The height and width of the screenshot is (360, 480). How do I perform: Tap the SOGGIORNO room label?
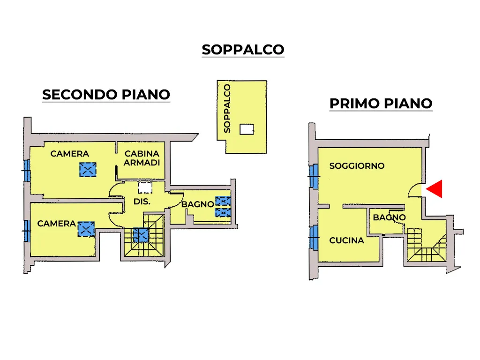click(x=357, y=166)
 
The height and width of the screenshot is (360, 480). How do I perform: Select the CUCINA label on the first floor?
click(x=346, y=240)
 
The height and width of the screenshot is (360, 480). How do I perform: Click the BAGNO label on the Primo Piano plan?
click(x=389, y=217)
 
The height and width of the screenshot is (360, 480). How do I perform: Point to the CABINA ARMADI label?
click(x=142, y=158)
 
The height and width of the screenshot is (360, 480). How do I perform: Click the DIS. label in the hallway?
click(x=142, y=202)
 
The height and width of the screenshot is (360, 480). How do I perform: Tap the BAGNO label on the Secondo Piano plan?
click(x=197, y=204)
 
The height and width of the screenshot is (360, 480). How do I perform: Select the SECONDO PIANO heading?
click(x=106, y=95)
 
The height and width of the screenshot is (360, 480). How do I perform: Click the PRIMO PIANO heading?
click(x=381, y=104)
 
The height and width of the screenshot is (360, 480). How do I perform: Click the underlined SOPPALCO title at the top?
click(x=243, y=50)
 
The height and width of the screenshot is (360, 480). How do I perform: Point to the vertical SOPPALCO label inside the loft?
click(x=227, y=109)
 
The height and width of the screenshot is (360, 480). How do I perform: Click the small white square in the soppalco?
click(x=247, y=129)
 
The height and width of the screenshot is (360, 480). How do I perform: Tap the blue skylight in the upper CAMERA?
click(x=88, y=170)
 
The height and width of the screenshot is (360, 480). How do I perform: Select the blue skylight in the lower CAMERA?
click(x=86, y=229)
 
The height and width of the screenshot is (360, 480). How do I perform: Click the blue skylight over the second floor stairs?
click(x=141, y=235)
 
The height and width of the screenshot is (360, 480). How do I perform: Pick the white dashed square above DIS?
click(x=145, y=187)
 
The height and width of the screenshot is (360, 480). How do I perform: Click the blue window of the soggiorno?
click(x=314, y=176)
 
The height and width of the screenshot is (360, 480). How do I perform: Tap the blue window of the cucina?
click(x=314, y=237)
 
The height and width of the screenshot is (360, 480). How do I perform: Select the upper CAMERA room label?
click(x=69, y=154)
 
